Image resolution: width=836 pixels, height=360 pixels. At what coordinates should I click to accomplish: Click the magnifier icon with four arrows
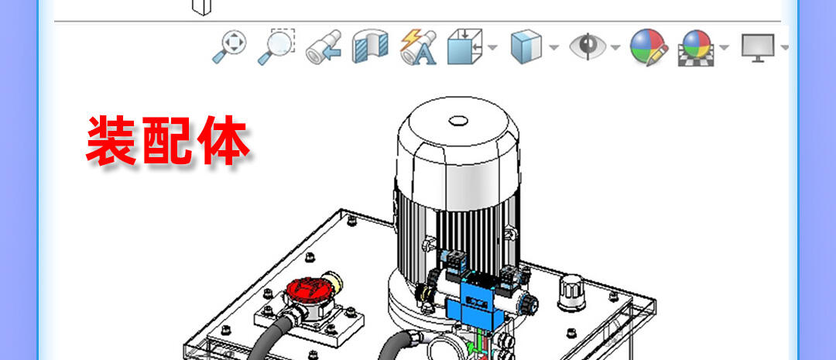pyautogui.click(x=229, y=46)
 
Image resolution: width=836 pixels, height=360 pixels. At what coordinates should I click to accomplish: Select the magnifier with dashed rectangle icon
pyautogui.click(x=276, y=46)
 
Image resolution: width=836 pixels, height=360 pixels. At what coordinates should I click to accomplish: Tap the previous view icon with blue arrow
pyautogui.click(x=324, y=47)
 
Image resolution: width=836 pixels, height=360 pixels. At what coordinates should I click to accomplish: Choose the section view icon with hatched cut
pyautogui.click(x=370, y=46)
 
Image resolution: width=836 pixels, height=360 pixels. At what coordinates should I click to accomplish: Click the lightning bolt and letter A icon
pyautogui.click(x=418, y=47)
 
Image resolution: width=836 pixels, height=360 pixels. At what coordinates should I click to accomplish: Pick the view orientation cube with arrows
pyautogui.click(x=464, y=46)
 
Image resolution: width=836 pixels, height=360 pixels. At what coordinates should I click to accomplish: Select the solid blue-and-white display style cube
pyautogui.click(x=526, y=46)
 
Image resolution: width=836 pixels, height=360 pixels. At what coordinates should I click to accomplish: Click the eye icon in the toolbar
pyautogui.click(x=588, y=46)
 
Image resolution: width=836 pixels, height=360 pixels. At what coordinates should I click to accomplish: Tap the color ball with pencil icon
pyautogui.click(x=649, y=47)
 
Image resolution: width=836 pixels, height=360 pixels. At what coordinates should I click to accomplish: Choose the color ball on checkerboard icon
pyautogui.click(x=697, y=47)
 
